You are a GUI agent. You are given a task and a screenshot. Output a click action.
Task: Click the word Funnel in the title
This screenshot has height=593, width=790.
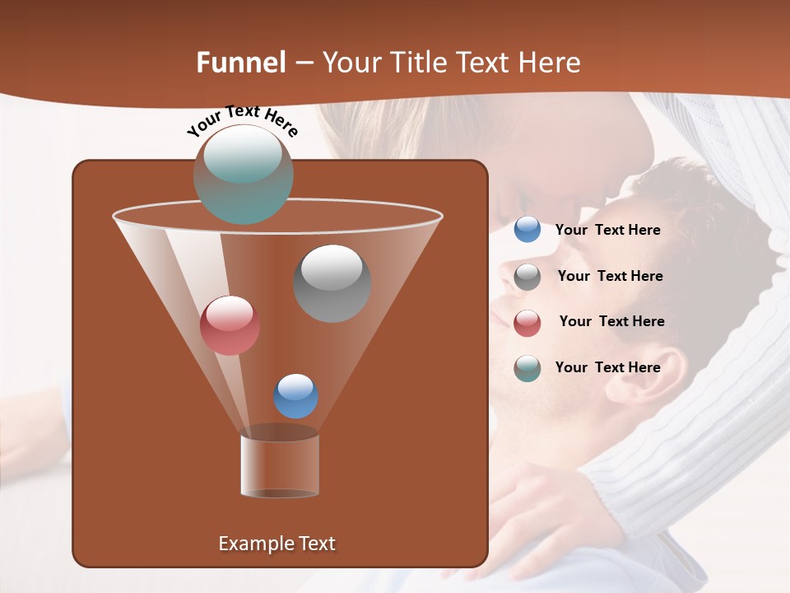click(241, 63)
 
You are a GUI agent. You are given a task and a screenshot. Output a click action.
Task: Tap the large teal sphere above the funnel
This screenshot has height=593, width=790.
click(243, 174)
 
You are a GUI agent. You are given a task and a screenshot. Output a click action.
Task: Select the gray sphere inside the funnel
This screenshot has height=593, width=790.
click(332, 282)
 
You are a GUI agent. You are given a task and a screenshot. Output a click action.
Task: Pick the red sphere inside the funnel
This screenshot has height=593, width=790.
click(230, 325)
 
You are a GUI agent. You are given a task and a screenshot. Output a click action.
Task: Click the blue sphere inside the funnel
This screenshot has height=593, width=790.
click(295, 396)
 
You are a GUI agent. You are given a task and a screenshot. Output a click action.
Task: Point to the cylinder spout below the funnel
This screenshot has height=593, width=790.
click(279, 465)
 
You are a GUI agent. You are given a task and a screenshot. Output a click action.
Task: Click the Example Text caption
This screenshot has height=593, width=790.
click(276, 544)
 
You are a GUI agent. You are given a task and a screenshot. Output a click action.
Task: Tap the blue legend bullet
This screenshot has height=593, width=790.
click(527, 230)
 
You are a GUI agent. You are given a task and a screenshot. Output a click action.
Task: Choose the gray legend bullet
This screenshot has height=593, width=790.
click(527, 277)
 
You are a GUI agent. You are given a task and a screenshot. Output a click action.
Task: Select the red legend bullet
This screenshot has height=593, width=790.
click(527, 323)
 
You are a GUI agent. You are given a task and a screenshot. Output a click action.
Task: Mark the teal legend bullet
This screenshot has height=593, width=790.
click(527, 368)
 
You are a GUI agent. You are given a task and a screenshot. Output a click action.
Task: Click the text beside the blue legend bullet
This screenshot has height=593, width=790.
click(607, 231)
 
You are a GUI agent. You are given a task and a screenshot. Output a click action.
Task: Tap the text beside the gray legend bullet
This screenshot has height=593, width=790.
click(610, 276)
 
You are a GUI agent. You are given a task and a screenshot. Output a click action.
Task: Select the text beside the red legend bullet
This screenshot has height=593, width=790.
click(611, 321)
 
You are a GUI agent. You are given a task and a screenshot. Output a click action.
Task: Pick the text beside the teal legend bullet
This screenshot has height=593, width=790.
click(607, 367)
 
